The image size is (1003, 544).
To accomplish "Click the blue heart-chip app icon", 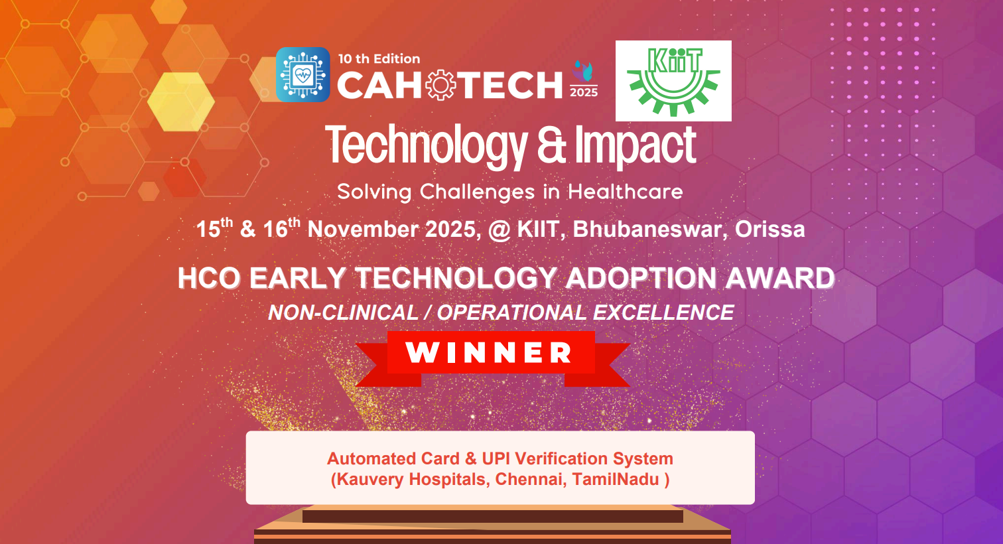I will (302, 74).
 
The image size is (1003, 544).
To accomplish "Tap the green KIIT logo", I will (673, 80).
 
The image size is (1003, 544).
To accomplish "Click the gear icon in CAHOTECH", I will (440, 86).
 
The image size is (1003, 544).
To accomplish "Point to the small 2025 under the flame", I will (584, 92).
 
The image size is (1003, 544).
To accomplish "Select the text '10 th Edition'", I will (379, 58).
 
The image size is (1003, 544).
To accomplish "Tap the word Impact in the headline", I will (635, 145).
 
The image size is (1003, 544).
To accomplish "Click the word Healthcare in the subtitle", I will (625, 192).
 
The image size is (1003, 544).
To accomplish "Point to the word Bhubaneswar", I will (647, 230).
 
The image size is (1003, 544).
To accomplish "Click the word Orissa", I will (769, 230).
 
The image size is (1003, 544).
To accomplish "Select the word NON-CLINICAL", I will (343, 312).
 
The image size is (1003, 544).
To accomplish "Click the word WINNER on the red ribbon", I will (490, 353).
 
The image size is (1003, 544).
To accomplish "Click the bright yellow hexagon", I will (180, 102).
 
